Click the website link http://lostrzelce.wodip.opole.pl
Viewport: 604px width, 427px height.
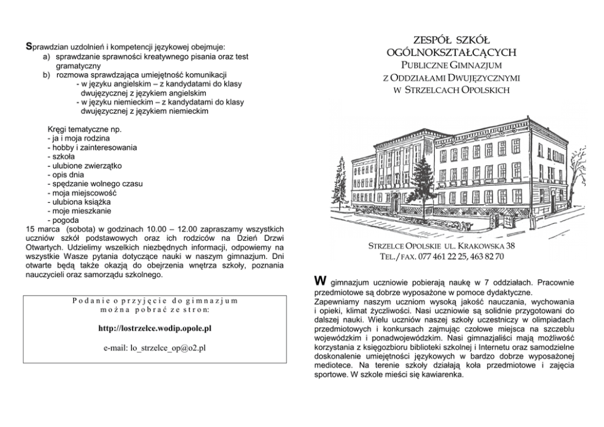click(x=155, y=328)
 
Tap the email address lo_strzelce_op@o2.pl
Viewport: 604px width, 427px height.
click(x=155, y=348)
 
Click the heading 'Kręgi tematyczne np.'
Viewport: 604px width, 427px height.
click(x=85, y=130)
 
